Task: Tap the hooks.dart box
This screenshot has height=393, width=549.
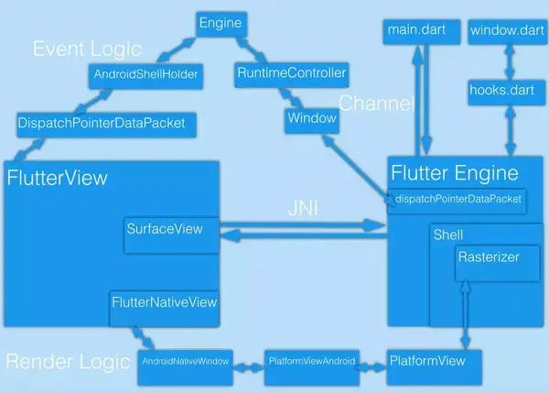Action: click(x=501, y=92)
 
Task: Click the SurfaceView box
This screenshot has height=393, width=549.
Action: click(x=165, y=230)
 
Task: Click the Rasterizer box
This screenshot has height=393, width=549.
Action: click(x=490, y=258)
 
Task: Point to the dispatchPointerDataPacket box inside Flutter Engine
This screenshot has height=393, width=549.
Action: click(x=457, y=199)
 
